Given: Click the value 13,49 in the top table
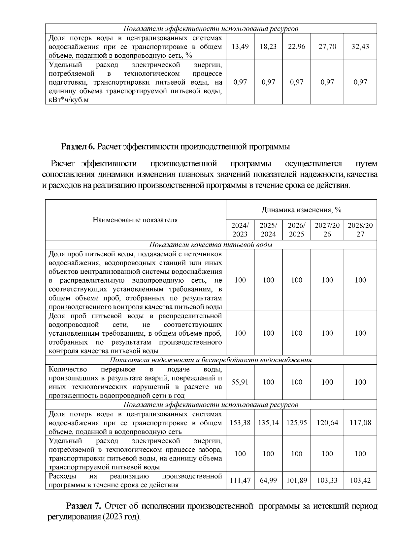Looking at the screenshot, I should pos(240,46).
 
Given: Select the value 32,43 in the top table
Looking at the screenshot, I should pos(360,46).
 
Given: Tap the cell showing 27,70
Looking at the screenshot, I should pos(327,46).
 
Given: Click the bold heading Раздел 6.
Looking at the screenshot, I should pos(78,147).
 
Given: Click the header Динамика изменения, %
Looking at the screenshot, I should pos(301,210).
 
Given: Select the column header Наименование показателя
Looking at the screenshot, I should pos(135,220).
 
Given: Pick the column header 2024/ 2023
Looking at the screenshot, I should pos(240,230).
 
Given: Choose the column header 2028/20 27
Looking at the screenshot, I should pos(360,230).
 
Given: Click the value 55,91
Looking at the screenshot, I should pos(240,382).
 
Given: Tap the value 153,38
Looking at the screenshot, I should pos(240,423).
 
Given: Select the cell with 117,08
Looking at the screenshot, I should pos(360,423).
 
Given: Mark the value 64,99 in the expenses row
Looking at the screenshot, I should pos(268,481).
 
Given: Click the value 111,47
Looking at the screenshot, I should pos(240,481).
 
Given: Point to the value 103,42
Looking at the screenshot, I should pos(360,481).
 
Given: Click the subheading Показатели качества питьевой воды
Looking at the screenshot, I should pos(211,245).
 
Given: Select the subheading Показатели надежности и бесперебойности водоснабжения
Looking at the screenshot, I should pos(211,360).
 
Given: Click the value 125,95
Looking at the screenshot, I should pos(297,423).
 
